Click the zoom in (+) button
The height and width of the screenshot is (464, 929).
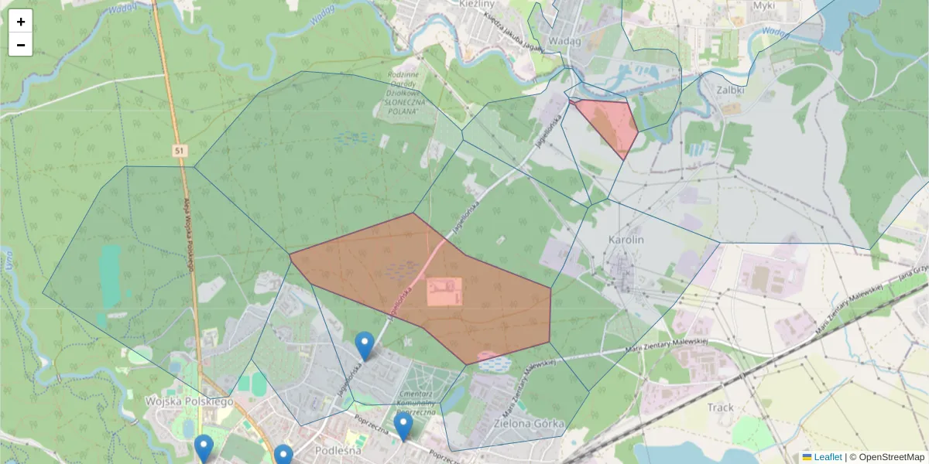(21, 22)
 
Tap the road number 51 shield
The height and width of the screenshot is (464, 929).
(180, 149)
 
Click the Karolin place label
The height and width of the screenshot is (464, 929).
(626, 240)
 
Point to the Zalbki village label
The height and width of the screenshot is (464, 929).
(731, 89)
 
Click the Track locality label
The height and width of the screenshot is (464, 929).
(720, 407)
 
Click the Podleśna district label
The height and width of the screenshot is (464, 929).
(339, 449)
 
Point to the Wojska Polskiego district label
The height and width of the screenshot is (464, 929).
(189, 401)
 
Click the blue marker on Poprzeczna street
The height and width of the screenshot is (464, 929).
(403, 426)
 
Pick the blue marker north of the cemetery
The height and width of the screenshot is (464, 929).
(365, 346)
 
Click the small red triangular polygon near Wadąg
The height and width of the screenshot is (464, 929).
(612, 124)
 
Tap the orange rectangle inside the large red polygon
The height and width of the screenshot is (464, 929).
(444, 292)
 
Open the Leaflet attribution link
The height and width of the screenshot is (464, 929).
(827, 457)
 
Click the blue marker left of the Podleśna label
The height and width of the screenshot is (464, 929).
(283, 455)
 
